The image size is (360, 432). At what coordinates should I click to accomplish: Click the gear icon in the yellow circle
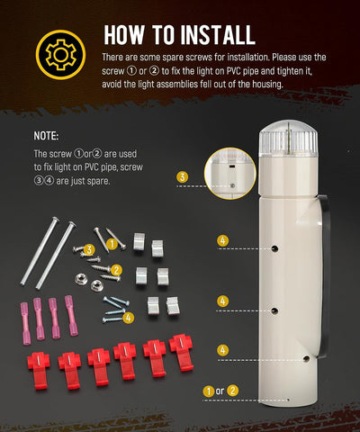point(60,55)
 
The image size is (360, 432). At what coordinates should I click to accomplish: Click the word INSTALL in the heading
point(218,35)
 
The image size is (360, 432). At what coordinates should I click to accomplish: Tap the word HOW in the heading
point(124,35)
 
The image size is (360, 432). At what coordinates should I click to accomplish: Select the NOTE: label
point(46,136)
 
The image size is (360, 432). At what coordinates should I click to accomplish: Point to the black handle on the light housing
point(325,270)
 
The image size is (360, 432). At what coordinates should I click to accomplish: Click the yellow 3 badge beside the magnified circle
point(183,177)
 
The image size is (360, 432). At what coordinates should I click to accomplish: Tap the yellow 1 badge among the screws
point(112,244)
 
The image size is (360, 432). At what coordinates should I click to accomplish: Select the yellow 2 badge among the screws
point(116,270)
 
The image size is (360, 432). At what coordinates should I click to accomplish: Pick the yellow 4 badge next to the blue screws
point(129,318)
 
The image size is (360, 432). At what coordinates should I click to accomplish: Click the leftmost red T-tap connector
point(39,371)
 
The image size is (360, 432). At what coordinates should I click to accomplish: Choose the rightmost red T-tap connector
point(182,353)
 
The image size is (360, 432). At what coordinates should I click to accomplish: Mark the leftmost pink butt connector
point(25,323)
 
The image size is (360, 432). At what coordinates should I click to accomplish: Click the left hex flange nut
point(81,279)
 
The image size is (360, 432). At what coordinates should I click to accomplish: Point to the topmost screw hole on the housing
point(274,248)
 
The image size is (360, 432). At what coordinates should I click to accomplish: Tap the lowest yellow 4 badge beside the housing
point(222,350)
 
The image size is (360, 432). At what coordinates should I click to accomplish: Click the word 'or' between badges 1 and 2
point(220,391)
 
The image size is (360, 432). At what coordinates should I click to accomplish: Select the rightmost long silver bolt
point(56,256)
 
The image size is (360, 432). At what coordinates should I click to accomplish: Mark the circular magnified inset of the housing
point(230,174)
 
